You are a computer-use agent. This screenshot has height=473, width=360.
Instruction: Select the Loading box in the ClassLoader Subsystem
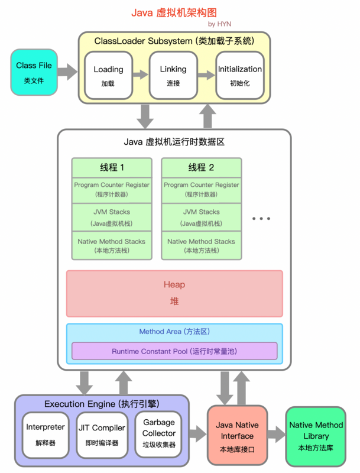(108, 75)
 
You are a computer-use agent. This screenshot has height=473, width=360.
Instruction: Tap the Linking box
(173, 75)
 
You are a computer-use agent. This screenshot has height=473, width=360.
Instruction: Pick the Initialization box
(239, 75)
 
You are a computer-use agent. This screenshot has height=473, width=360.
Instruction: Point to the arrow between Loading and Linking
(140, 75)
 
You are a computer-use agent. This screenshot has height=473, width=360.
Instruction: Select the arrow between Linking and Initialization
(206, 75)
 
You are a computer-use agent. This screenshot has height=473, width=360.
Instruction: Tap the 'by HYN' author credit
(219, 24)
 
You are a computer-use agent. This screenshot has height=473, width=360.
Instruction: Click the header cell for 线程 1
(111, 167)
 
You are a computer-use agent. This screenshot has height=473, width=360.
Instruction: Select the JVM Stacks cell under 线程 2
(201, 217)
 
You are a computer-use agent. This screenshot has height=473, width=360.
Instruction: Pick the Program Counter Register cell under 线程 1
(111, 189)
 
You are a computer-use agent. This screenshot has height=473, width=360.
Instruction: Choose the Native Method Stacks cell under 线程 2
(201, 245)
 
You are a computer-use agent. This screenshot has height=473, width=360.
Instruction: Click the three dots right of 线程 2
(261, 219)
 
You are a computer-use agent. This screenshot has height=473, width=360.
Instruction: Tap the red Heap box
(174, 293)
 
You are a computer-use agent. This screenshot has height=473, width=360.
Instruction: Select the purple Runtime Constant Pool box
(174, 351)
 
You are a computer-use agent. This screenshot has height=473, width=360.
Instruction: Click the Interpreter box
(45, 433)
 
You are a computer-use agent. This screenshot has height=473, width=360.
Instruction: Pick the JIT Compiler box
(101, 433)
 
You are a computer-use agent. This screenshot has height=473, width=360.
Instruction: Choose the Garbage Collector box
(159, 433)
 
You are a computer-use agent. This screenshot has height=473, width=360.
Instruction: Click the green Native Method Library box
(316, 436)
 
